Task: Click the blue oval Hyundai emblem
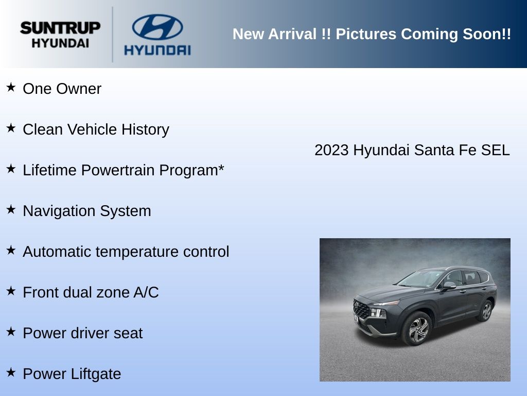[x=157, y=27]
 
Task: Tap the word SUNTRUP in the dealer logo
[x=61, y=28]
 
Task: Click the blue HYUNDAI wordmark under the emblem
[x=157, y=50]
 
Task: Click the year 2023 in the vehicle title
[x=331, y=150]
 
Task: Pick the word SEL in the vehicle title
[x=496, y=150]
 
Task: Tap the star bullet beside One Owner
[x=11, y=87]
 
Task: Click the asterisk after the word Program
[x=221, y=168]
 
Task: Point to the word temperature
[x=137, y=252]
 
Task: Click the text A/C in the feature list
[x=146, y=292]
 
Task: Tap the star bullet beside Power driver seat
[x=11, y=332]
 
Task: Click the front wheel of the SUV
[x=417, y=328]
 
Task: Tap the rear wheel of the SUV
[x=485, y=310]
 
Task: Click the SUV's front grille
[x=361, y=309]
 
